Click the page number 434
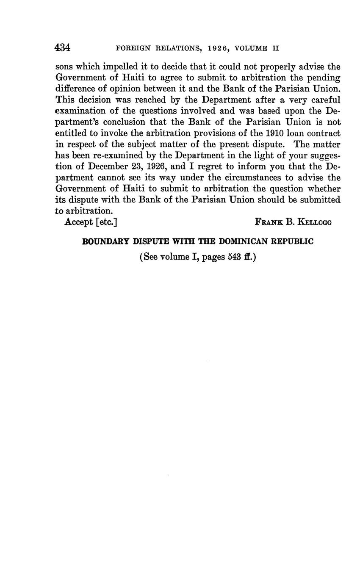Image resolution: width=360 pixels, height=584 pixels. click(62, 47)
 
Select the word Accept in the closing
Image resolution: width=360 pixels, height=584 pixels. click(78, 221)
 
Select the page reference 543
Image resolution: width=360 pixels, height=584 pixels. click(234, 257)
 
